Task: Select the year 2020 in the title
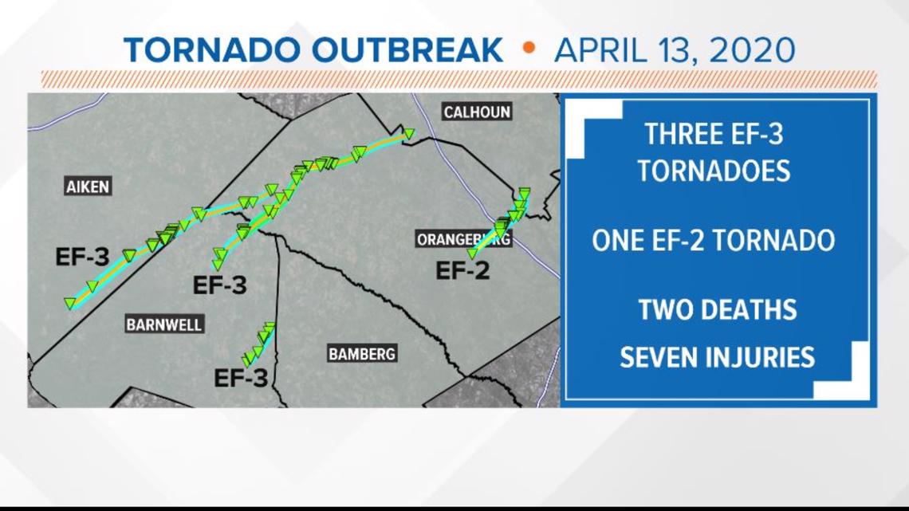(750, 50)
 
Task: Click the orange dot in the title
(528, 48)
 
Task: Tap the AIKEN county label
(88, 187)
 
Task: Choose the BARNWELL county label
(164, 324)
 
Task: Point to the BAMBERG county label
(362, 354)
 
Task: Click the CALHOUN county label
(477, 112)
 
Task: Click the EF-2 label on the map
(462, 271)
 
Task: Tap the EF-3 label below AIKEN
(82, 257)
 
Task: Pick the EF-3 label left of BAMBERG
(241, 379)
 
